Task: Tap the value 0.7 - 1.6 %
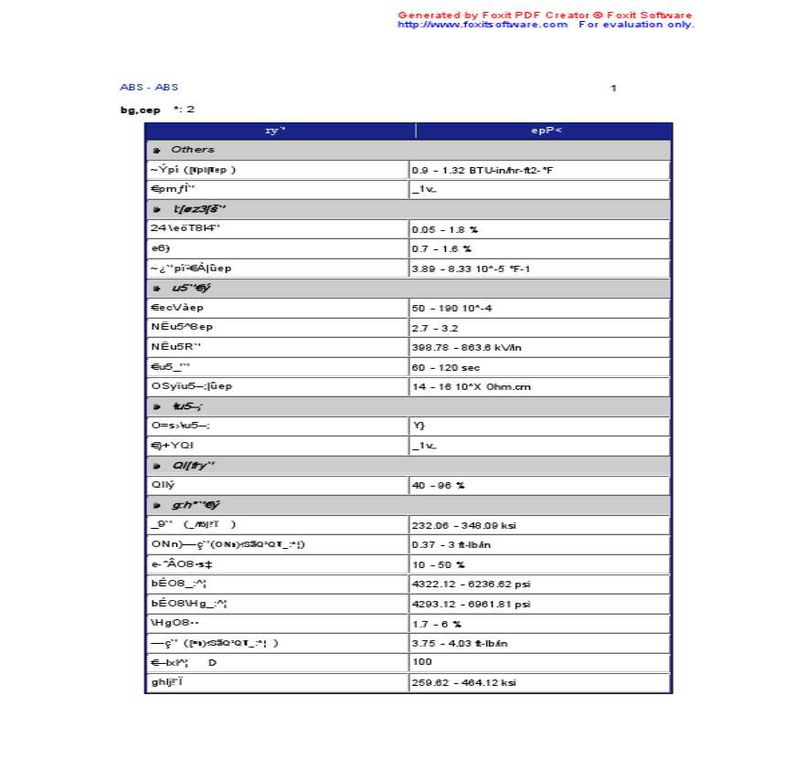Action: [441, 248]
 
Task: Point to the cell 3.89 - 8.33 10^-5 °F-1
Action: [472, 269]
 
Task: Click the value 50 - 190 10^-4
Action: [452, 308]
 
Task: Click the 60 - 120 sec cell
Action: [446, 367]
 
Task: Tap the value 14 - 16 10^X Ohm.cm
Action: [472, 386]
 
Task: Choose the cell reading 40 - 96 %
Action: [439, 485]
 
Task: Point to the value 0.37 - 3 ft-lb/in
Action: [451, 544]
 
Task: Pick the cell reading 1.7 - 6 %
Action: [437, 624]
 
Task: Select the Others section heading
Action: [193, 150]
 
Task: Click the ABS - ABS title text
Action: [149, 87]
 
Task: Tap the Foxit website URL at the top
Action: [482, 25]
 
